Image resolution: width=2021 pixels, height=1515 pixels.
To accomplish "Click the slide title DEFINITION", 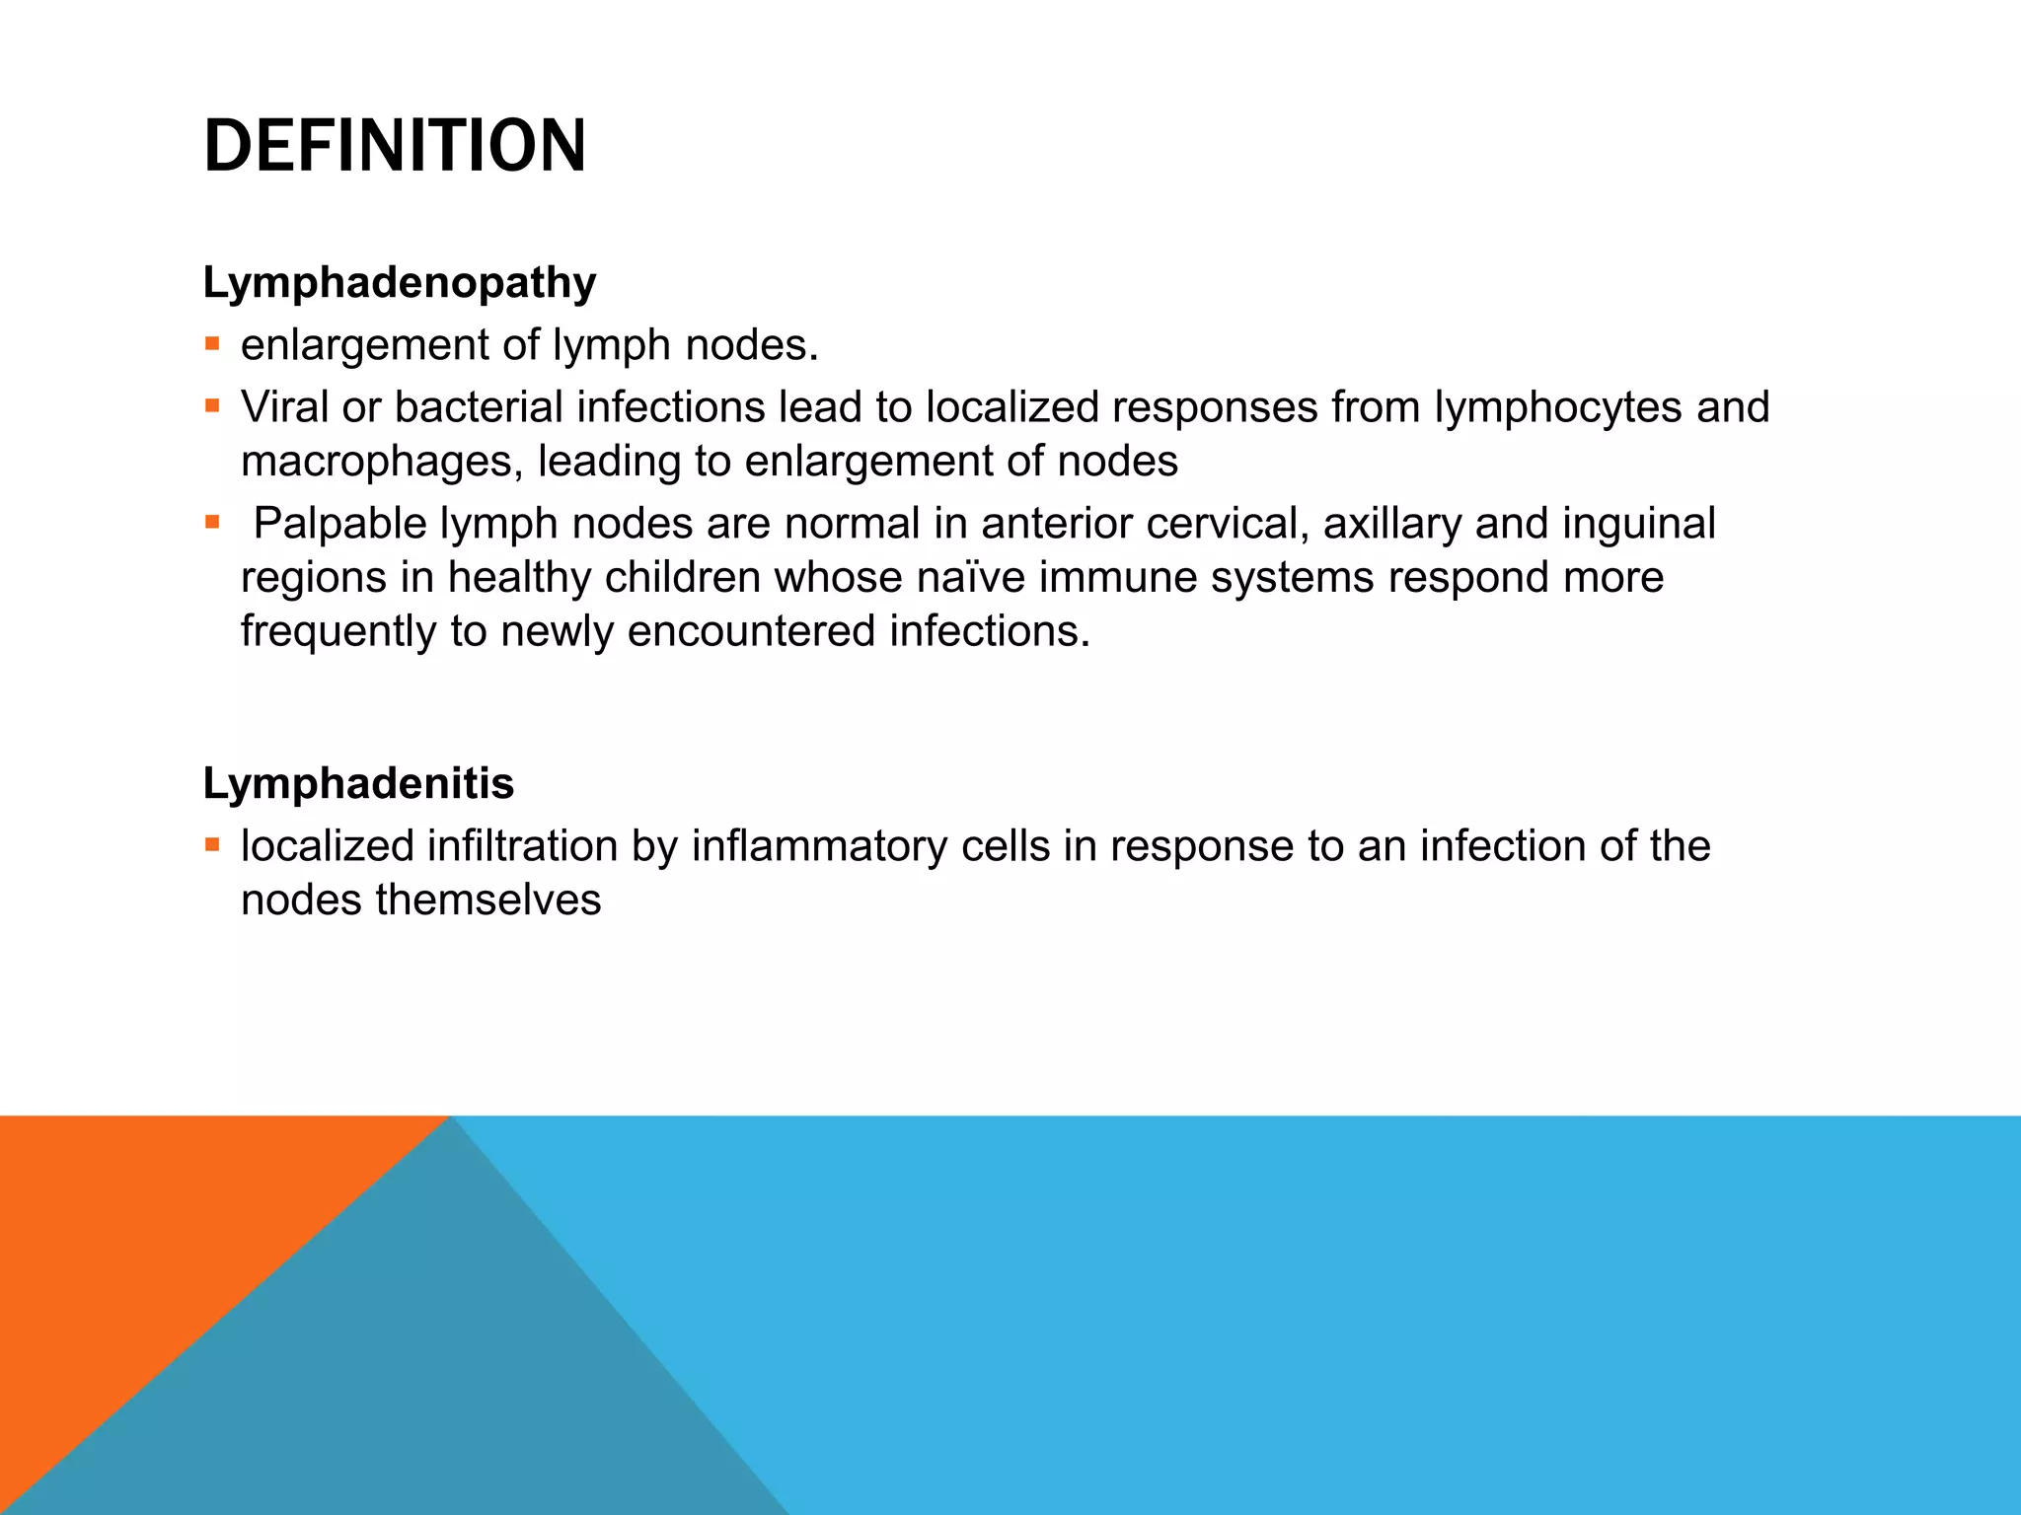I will point(395,146).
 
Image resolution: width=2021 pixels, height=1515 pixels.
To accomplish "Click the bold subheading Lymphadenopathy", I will point(400,283).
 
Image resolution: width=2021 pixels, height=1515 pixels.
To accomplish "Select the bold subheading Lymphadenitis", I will point(358,784).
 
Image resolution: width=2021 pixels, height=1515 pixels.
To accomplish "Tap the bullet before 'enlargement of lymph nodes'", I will point(212,344).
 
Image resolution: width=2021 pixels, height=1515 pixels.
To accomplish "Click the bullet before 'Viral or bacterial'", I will point(212,406).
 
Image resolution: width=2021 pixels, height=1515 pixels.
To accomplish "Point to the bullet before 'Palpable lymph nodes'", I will point(212,522).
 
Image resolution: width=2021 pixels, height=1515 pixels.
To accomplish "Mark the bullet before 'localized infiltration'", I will point(212,844).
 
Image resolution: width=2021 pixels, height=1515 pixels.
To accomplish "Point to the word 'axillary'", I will point(1392,524).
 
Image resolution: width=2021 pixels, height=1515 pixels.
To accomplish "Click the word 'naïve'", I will point(971,578).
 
